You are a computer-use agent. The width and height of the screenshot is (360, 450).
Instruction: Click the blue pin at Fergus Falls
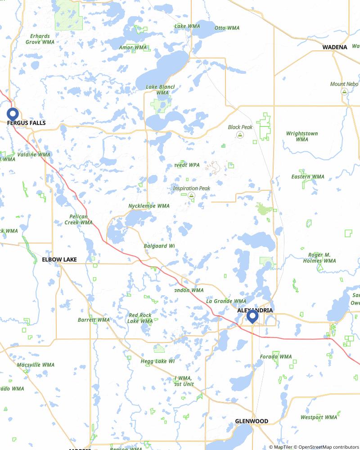pyautogui.click(x=12, y=114)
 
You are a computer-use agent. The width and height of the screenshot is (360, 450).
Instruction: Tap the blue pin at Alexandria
pyautogui.click(x=252, y=316)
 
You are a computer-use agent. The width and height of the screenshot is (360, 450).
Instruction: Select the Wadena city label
pyautogui.click(x=334, y=47)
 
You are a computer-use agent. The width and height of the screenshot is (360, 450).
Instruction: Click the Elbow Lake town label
pyautogui.click(x=59, y=260)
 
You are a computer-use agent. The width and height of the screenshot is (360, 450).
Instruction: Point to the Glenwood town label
pyautogui.click(x=252, y=421)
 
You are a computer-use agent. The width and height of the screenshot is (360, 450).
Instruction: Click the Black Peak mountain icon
pyautogui.click(x=240, y=135)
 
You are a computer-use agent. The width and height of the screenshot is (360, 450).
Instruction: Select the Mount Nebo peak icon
pyautogui.click(x=344, y=91)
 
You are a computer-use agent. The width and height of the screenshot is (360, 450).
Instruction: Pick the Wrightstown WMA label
pyautogui.click(x=302, y=136)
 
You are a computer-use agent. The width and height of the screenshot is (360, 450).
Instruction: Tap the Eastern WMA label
pyautogui.click(x=307, y=177)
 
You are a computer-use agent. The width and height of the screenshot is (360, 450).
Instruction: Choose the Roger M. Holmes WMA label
pyautogui.click(x=319, y=258)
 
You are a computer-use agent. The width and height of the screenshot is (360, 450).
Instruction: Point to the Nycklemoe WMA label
pyautogui.click(x=149, y=206)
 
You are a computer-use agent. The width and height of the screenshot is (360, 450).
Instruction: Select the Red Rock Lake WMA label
pyautogui.click(x=140, y=318)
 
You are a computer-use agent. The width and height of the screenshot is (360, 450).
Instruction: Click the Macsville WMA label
pyautogui.click(x=36, y=365)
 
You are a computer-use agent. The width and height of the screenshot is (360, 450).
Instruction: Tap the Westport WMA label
pyautogui.click(x=319, y=418)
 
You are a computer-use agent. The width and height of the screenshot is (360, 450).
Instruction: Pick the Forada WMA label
pyautogui.click(x=276, y=357)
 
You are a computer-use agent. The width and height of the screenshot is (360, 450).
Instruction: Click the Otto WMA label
pyautogui.click(x=227, y=28)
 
